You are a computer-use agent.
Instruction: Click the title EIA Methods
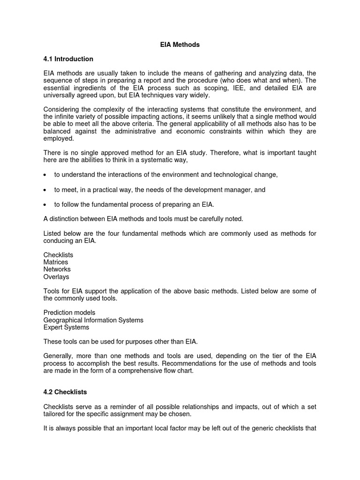(180, 45)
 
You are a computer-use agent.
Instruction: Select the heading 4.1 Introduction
(68, 59)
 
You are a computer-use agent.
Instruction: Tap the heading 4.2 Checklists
(65, 392)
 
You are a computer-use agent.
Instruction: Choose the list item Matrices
(56, 262)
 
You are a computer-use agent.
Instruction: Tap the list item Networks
(57, 270)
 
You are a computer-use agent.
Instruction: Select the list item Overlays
(56, 277)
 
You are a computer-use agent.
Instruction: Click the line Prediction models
(69, 313)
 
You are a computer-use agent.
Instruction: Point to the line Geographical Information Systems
(93, 320)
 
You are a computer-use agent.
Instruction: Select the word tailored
(54, 414)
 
